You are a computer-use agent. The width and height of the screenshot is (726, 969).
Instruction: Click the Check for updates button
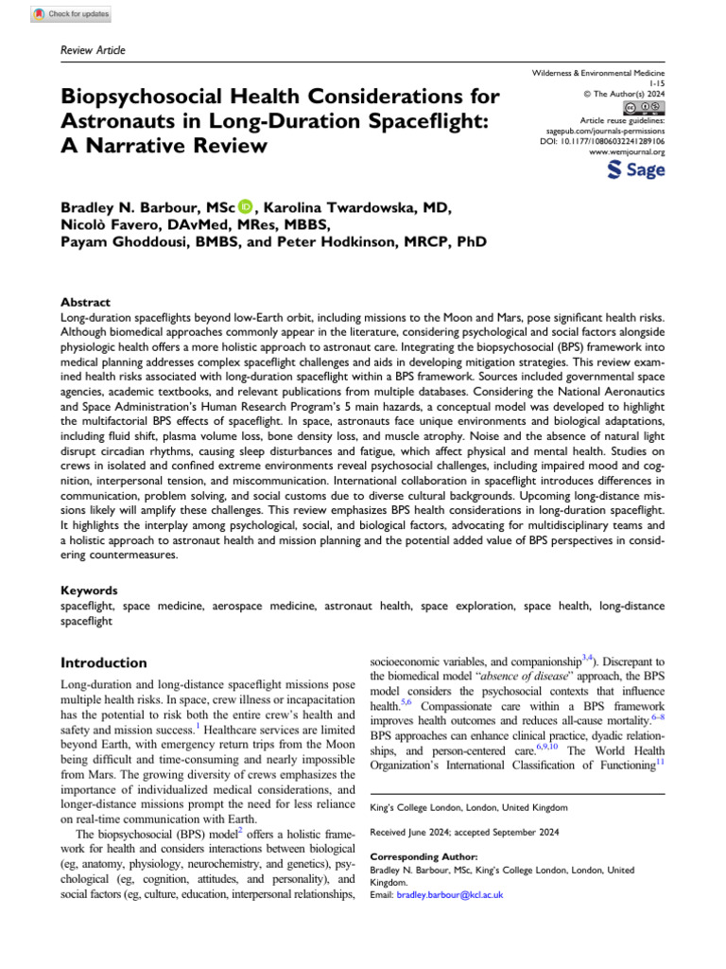pos(71,14)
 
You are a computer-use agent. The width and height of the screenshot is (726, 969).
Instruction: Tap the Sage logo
pos(634,170)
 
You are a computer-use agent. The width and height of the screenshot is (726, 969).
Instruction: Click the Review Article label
pos(93,50)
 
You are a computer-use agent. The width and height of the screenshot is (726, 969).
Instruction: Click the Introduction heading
pos(104,662)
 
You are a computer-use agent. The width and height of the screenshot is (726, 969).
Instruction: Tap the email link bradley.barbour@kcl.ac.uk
pos(450,894)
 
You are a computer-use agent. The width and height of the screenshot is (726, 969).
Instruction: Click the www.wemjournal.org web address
pos(627,150)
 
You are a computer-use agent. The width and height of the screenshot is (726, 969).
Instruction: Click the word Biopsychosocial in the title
pos(143,97)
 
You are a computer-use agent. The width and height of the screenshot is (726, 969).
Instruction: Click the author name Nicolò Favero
pos(108,224)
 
